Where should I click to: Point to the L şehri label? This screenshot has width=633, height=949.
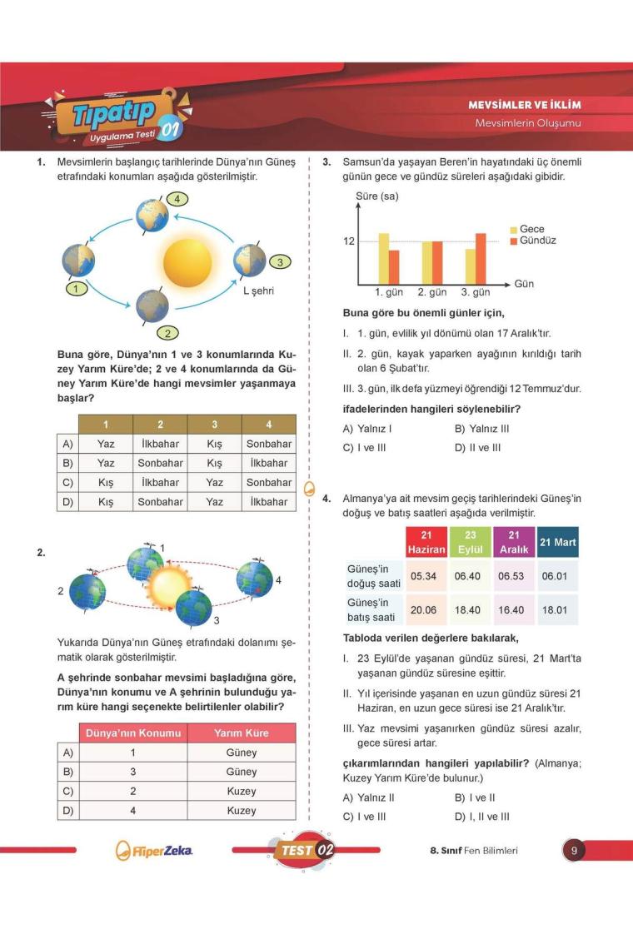258,291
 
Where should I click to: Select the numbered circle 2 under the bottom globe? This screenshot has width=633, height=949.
167,333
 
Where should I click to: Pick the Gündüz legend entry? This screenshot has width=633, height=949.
532,241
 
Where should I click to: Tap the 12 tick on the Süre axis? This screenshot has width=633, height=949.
349,242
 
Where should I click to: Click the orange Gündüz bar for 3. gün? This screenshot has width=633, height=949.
481,258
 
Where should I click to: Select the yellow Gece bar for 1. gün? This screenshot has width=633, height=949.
384,258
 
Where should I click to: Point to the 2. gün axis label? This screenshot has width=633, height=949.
432,292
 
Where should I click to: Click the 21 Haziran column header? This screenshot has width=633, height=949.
426,542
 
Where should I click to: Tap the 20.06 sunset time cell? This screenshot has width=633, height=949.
424,610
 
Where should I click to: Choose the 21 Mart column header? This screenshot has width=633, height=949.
558,542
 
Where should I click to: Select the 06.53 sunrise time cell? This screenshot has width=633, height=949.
513,576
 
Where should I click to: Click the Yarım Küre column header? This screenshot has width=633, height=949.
242,733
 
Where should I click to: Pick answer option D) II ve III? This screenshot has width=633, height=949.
478,447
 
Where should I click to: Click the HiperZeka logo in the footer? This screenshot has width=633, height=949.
155,851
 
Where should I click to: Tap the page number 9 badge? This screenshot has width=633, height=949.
574,851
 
